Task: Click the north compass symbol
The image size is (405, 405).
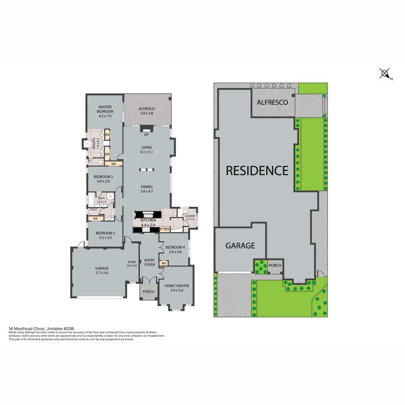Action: coord(385,74)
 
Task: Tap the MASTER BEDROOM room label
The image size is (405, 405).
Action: coord(105,109)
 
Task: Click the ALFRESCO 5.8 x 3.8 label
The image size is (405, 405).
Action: coord(147,111)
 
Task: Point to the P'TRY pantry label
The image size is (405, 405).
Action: coord(164,229)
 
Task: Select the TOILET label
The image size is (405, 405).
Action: coord(93,209)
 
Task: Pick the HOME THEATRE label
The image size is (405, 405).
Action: coord(176,286)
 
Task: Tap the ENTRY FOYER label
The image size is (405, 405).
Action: coord(150,262)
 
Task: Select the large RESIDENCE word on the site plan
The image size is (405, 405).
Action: coord(257,171)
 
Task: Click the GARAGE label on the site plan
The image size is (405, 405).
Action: coord(240,246)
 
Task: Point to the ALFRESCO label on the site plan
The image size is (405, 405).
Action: coord(272,102)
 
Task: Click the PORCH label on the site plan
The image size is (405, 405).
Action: coord(275,265)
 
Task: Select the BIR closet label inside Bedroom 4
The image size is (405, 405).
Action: coord(163,263)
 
